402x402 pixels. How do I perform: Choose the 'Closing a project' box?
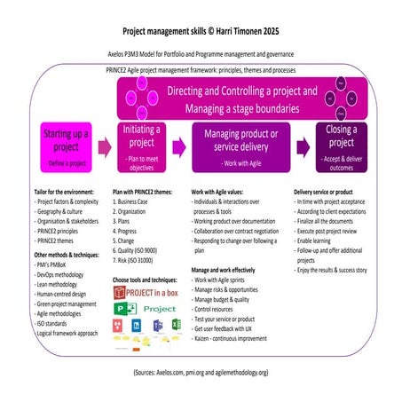[x=331, y=146]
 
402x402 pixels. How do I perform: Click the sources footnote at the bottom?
[x=201, y=374]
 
